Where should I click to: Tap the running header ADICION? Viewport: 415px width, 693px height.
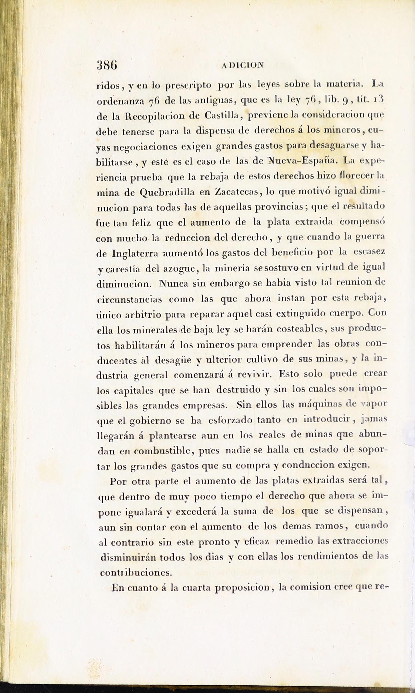pyautogui.click(x=242, y=66)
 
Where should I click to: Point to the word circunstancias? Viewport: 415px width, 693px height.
pyautogui.click(x=129, y=300)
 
